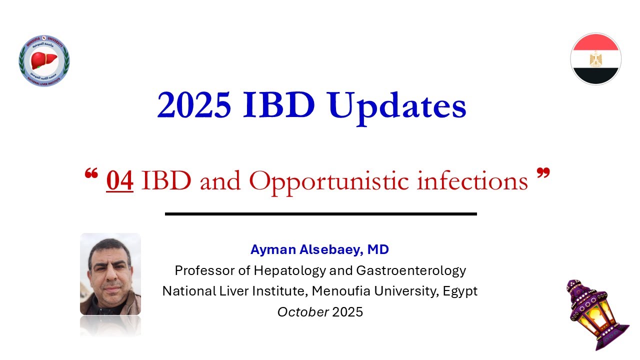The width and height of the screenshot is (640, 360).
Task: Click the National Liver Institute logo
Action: click(44, 60)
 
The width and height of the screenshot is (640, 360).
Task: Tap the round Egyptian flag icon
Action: click(595, 58)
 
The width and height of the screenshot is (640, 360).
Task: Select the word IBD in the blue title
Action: click(279, 105)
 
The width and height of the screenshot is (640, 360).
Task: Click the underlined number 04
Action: click(119, 180)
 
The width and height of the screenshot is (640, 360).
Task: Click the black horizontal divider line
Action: click(320, 214)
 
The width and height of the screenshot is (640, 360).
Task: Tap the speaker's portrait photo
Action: click(110, 274)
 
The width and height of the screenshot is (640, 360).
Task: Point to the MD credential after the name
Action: click(378, 249)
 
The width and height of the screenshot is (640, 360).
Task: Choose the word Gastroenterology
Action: click(411, 270)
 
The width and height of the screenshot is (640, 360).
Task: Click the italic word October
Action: click(303, 312)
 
